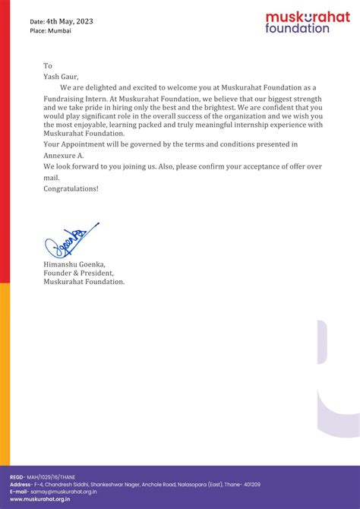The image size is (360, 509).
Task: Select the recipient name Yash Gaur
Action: tap(62, 76)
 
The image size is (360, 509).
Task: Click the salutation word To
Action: tap(48, 66)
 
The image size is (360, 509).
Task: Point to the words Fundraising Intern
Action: tap(75, 100)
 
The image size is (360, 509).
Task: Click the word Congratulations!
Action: tap(71, 188)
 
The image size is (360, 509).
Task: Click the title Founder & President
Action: tap(79, 272)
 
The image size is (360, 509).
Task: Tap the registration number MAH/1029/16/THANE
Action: tap(51, 476)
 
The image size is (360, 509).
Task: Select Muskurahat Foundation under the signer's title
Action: tap(84, 281)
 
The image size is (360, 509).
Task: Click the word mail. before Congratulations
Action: tap(52, 177)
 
